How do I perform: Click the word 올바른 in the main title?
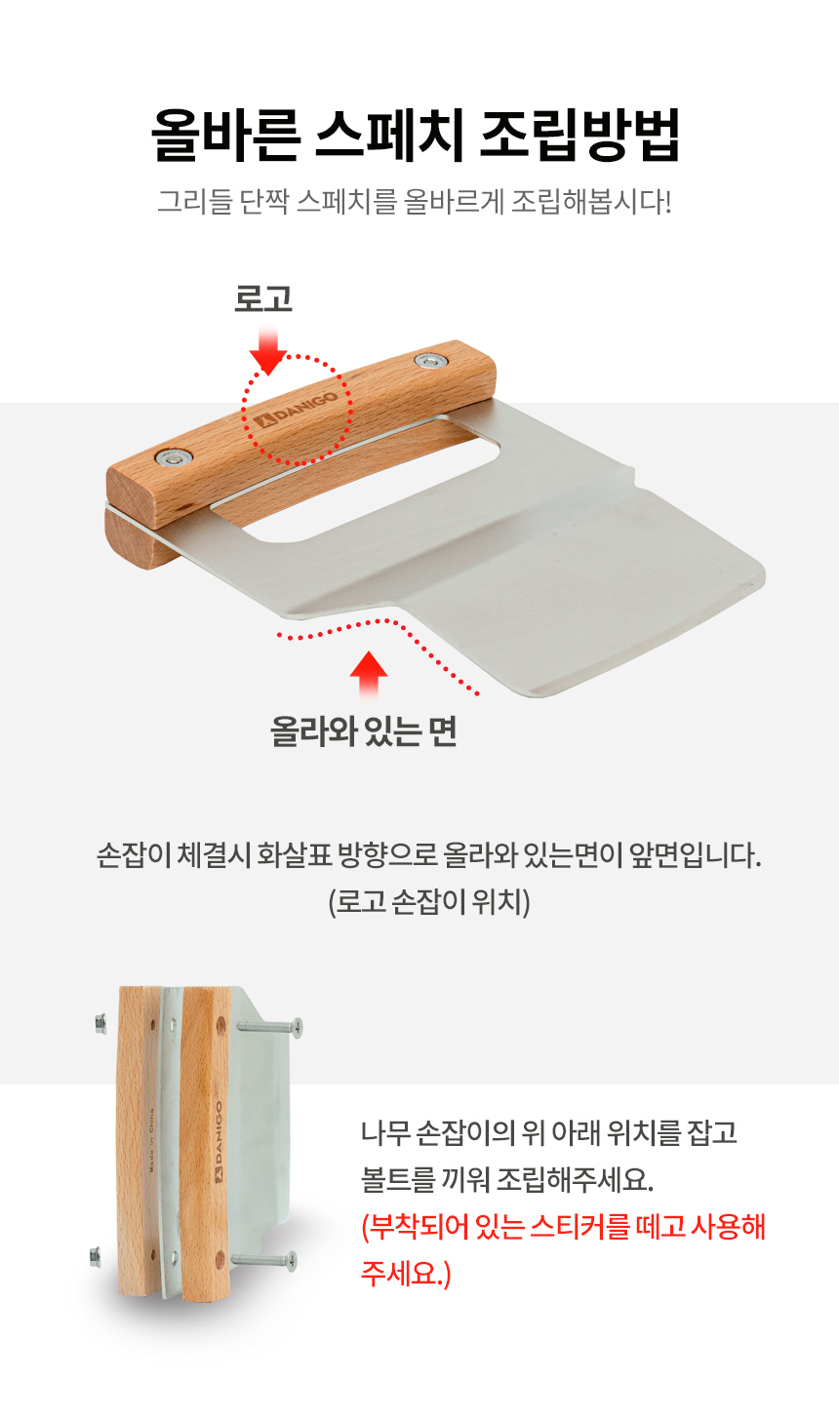(225, 135)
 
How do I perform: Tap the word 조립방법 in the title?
(579, 135)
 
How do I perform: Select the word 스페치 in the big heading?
(390, 135)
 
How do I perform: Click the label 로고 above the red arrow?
(263, 298)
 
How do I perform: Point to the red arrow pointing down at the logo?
(268, 349)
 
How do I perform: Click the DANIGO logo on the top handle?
(296, 410)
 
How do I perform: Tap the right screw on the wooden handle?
(432, 361)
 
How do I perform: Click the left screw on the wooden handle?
(174, 456)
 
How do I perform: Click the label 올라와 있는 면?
(364, 731)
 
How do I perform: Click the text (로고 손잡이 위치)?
(429, 902)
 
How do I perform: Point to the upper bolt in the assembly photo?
(269, 1026)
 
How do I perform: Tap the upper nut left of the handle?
(100, 1023)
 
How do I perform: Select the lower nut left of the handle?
(96, 1256)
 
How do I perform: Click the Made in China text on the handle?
(151, 1140)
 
